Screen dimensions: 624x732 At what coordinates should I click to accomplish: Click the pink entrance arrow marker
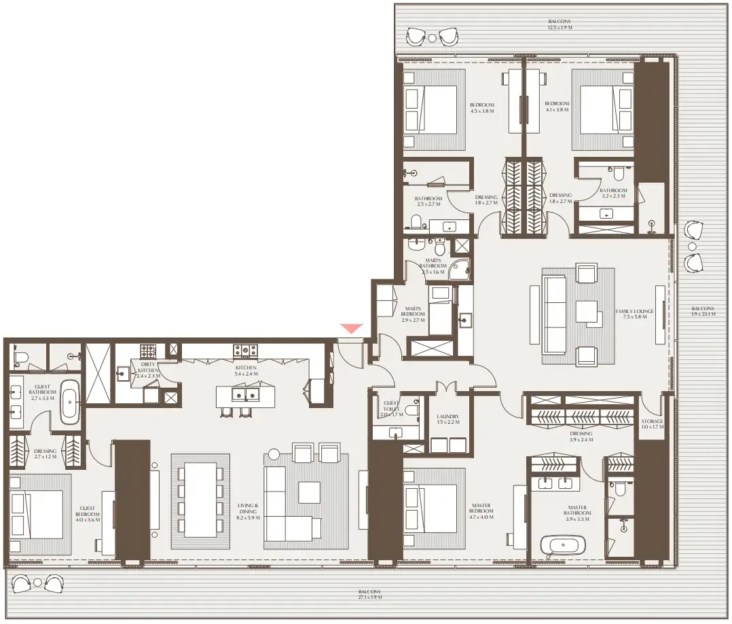tap(352, 329)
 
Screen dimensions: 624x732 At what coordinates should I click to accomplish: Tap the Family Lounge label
tap(635, 311)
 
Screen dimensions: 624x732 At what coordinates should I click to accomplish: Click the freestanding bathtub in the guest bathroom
tap(70, 402)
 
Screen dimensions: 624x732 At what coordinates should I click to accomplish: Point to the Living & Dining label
tap(247, 509)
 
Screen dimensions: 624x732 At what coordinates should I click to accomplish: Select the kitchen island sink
tap(245, 393)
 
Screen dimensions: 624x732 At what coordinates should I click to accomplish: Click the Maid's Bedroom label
tap(413, 314)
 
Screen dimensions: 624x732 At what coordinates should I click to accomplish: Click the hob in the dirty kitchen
tap(148, 351)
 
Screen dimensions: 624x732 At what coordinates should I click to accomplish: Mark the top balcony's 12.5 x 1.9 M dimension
tap(560, 29)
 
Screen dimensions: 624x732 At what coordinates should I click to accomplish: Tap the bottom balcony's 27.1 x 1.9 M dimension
tap(370, 597)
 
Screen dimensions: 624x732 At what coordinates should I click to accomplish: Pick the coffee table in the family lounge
tap(587, 312)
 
